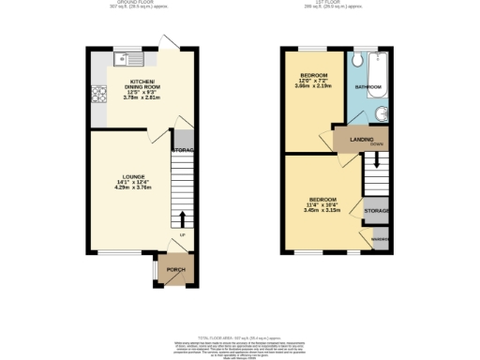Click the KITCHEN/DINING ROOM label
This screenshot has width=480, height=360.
coord(145,84)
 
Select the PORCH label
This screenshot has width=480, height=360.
coord(175,270)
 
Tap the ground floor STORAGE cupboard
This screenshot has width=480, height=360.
coord(183,150)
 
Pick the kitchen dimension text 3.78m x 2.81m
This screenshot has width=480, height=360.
coord(145,96)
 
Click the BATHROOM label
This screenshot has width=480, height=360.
coord(368,87)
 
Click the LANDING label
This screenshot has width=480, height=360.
coord(362,140)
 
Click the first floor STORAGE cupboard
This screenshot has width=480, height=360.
coord(377,212)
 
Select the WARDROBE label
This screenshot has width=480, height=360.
coord(379,240)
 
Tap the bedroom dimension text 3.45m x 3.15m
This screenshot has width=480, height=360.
coord(319,210)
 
